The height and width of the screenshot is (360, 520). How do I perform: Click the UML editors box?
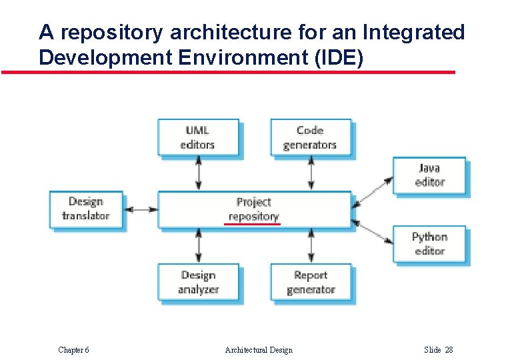point(198,137)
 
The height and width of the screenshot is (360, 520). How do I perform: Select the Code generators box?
point(310,137)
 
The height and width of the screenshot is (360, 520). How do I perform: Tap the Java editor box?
point(429,175)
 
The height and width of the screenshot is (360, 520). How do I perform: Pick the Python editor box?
point(429,244)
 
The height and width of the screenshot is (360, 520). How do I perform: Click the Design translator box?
point(86,209)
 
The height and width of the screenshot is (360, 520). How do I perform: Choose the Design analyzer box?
point(198,282)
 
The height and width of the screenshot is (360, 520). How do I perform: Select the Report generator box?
point(310,282)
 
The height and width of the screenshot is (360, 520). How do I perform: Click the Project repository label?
point(253,209)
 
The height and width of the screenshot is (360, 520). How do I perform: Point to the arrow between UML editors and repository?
point(198,175)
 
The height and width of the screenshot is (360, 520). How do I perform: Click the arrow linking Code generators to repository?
point(311,175)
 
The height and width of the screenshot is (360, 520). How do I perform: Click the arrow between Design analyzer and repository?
point(198,245)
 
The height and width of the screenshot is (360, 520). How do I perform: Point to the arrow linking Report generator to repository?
point(311,245)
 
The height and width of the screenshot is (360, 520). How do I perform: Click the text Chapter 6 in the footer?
point(73,350)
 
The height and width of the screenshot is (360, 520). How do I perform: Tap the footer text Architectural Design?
point(259,350)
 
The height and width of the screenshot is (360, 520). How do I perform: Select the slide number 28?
point(448,350)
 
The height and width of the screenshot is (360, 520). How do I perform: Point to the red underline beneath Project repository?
point(253,225)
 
